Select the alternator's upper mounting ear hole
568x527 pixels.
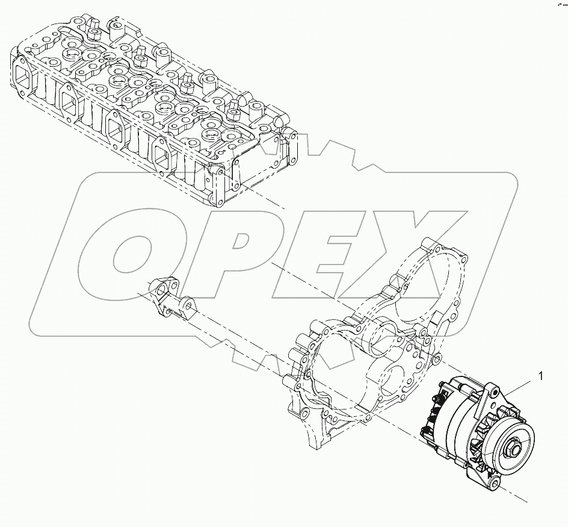[x=495, y=392]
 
